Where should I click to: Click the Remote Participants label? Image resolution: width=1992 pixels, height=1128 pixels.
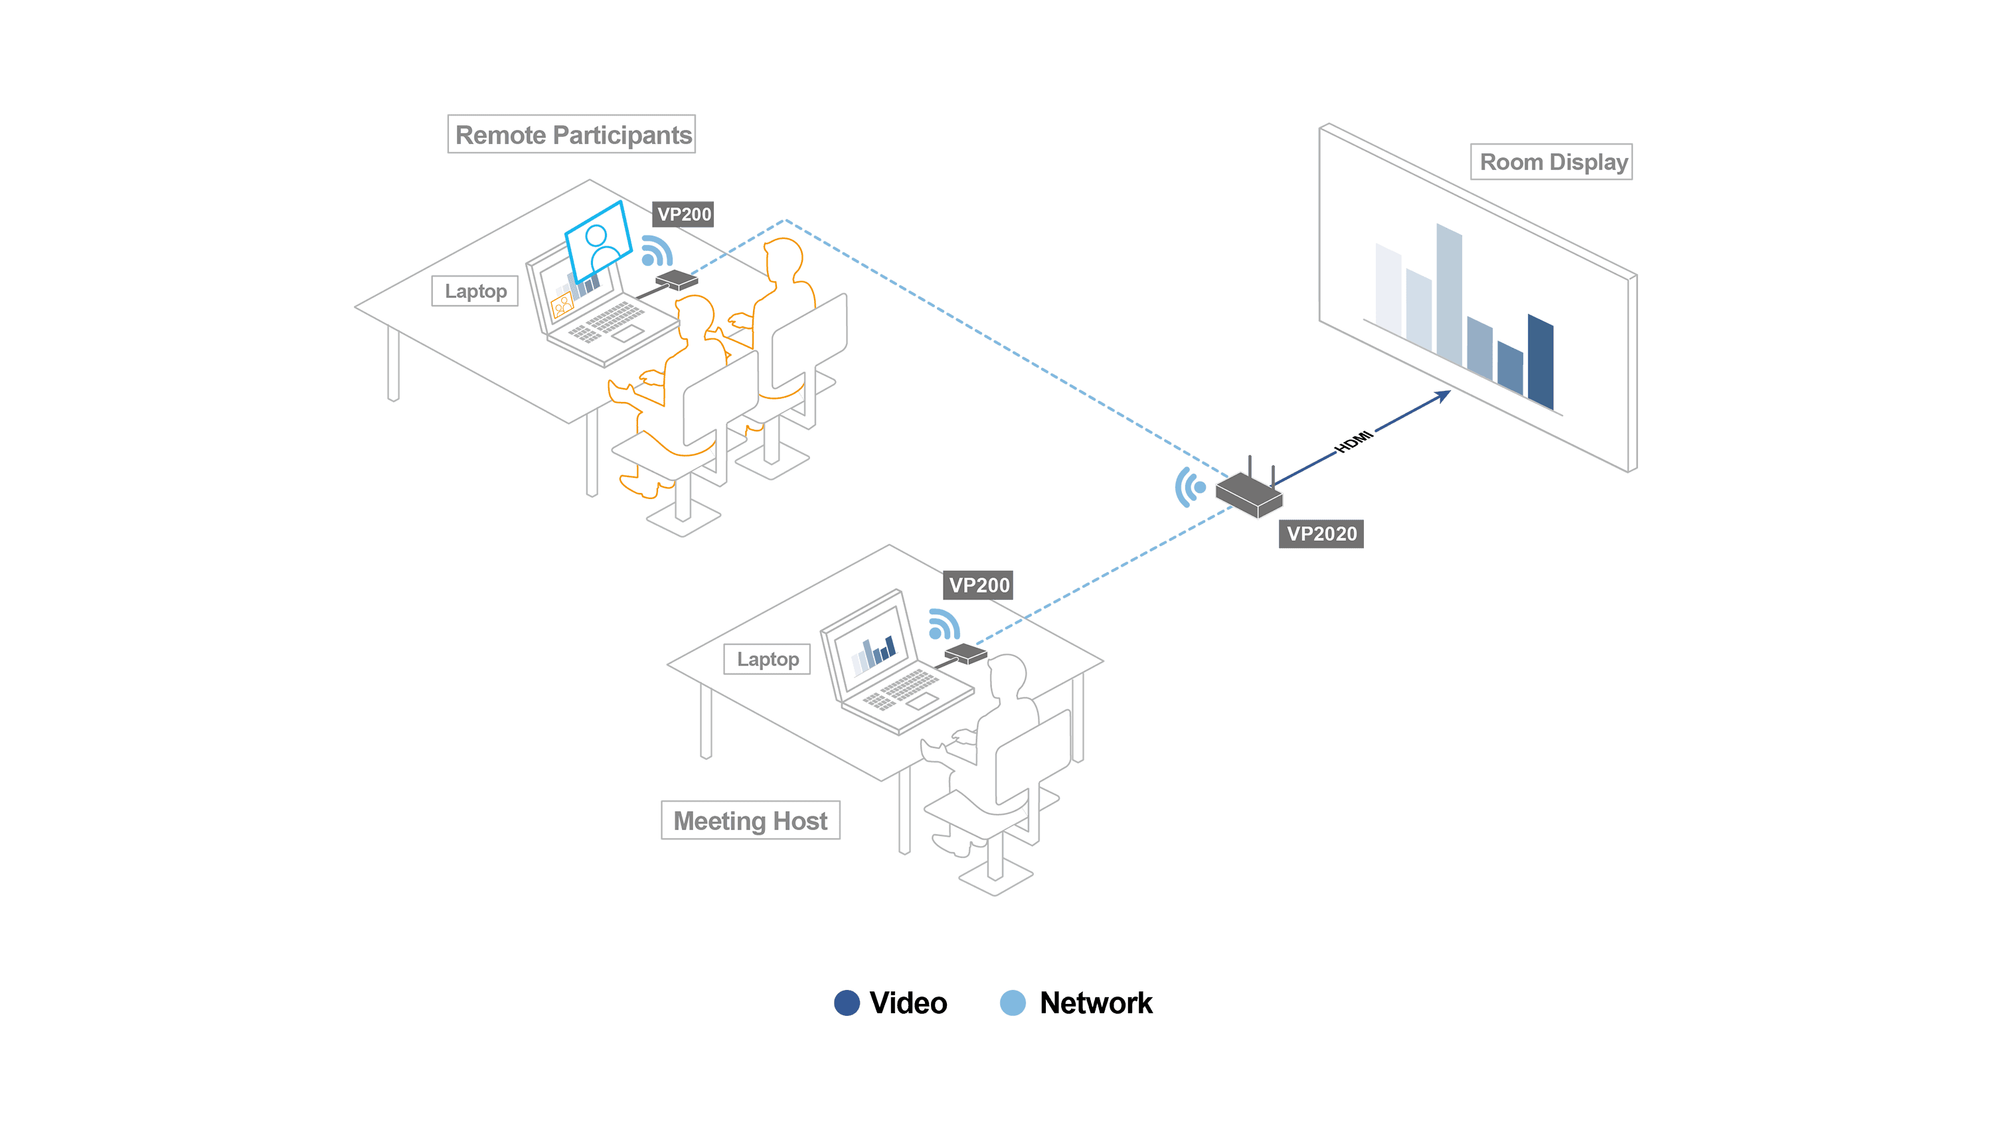tap(571, 134)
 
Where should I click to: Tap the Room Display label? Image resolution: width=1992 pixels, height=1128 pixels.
tap(1551, 162)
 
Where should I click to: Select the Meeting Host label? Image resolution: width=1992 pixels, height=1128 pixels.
tap(750, 819)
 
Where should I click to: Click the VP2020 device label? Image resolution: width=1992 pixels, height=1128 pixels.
tap(1321, 533)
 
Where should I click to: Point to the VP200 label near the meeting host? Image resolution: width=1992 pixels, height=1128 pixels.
tap(979, 585)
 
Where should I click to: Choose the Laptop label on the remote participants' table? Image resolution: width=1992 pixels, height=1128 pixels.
tap(475, 291)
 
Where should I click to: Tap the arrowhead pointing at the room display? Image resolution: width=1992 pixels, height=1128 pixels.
tap(1442, 397)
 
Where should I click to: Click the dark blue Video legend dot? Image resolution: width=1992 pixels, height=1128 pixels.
tap(847, 1003)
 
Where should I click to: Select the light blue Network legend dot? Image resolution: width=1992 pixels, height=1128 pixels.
tap(1013, 1003)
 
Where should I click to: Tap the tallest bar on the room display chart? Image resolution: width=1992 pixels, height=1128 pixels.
tap(1449, 295)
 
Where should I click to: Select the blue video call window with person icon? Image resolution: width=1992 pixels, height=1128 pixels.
tap(598, 242)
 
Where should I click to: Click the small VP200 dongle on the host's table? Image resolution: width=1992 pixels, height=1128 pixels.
tap(965, 653)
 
